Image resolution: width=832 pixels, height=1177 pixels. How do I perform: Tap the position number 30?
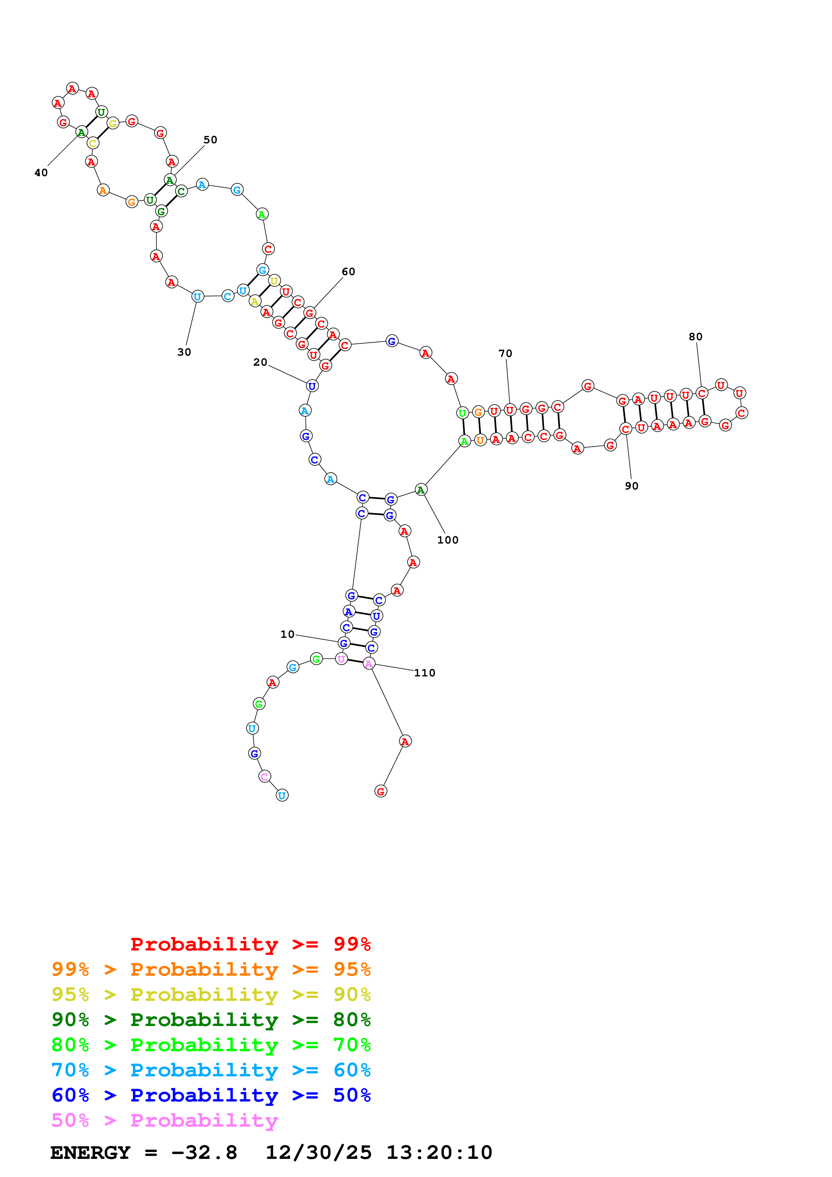(184, 352)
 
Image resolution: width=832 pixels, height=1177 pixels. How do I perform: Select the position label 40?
(41, 173)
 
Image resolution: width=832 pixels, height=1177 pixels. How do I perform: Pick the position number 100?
(447, 540)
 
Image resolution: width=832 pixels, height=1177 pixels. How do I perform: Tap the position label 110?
(425, 673)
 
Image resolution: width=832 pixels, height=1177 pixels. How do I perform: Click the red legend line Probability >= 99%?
(250, 944)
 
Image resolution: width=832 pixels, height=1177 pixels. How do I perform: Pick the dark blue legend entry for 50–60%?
(211, 1095)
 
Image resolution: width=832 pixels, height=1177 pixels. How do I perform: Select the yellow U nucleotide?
(274, 281)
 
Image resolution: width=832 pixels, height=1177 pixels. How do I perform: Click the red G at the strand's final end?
(380, 791)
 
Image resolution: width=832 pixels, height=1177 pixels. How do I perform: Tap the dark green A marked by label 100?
(421, 490)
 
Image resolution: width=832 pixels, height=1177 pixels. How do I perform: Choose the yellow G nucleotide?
(113, 123)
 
